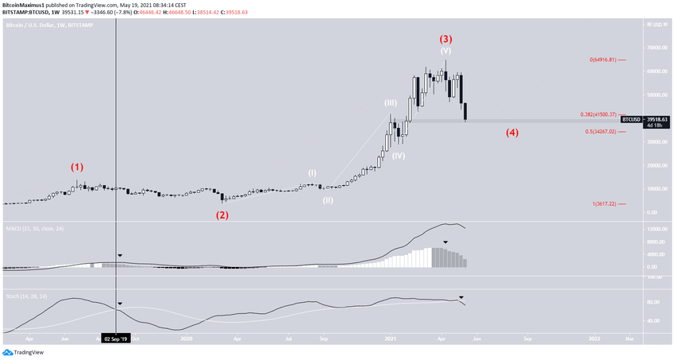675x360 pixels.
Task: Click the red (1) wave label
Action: [x=76, y=168]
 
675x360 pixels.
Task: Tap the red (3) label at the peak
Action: [x=446, y=38]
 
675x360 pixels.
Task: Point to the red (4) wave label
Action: [x=512, y=132]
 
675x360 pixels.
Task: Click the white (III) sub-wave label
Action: [x=391, y=103]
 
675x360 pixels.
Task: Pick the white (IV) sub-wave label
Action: [x=398, y=156]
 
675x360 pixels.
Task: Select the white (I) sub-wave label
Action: [x=312, y=172]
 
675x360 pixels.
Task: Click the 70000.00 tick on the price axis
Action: [x=655, y=48]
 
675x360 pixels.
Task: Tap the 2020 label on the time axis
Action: [x=187, y=338]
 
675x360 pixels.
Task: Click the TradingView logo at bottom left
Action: [x=23, y=352]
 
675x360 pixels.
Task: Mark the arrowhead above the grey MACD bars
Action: [x=445, y=242]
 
